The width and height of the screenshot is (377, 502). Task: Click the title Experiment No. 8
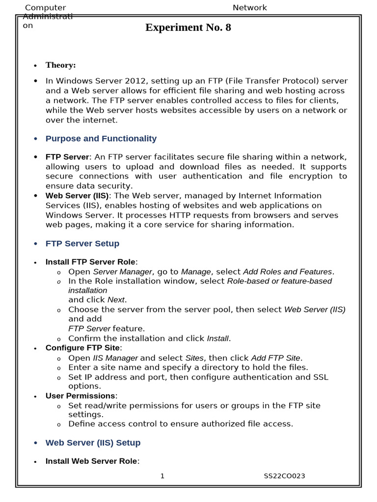click(x=188, y=28)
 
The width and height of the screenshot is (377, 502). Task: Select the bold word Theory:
click(x=60, y=65)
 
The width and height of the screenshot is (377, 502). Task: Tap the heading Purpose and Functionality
click(x=101, y=139)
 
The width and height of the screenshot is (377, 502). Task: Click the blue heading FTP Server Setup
click(x=82, y=244)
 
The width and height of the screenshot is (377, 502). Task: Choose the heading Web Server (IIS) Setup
click(x=93, y=443)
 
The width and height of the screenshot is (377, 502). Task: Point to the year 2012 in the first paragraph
click(x=135, y=81)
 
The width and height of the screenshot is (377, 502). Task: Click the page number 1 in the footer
click(x=162, y=476)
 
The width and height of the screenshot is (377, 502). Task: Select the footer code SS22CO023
click(x=285, y=476)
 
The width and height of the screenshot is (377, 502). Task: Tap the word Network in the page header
click(x=249, y=8)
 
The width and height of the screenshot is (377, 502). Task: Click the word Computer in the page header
click(x=45, y=8)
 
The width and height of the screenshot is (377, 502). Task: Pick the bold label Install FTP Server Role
click(x=90, y=262)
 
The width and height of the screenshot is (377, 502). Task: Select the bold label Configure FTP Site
click(x=82, y=348)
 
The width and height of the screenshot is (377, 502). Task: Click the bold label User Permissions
click(x=80, y=396)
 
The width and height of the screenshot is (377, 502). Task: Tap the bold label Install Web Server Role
click(x=91, y=461)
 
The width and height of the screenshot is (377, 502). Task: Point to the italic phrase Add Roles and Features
click(x=288, y=272)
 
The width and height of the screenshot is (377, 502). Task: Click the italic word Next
click(x=116, y=300)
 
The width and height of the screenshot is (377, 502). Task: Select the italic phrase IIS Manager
click(x=115, y=358)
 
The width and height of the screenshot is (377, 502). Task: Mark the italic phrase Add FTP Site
click(x=277, y=358)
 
